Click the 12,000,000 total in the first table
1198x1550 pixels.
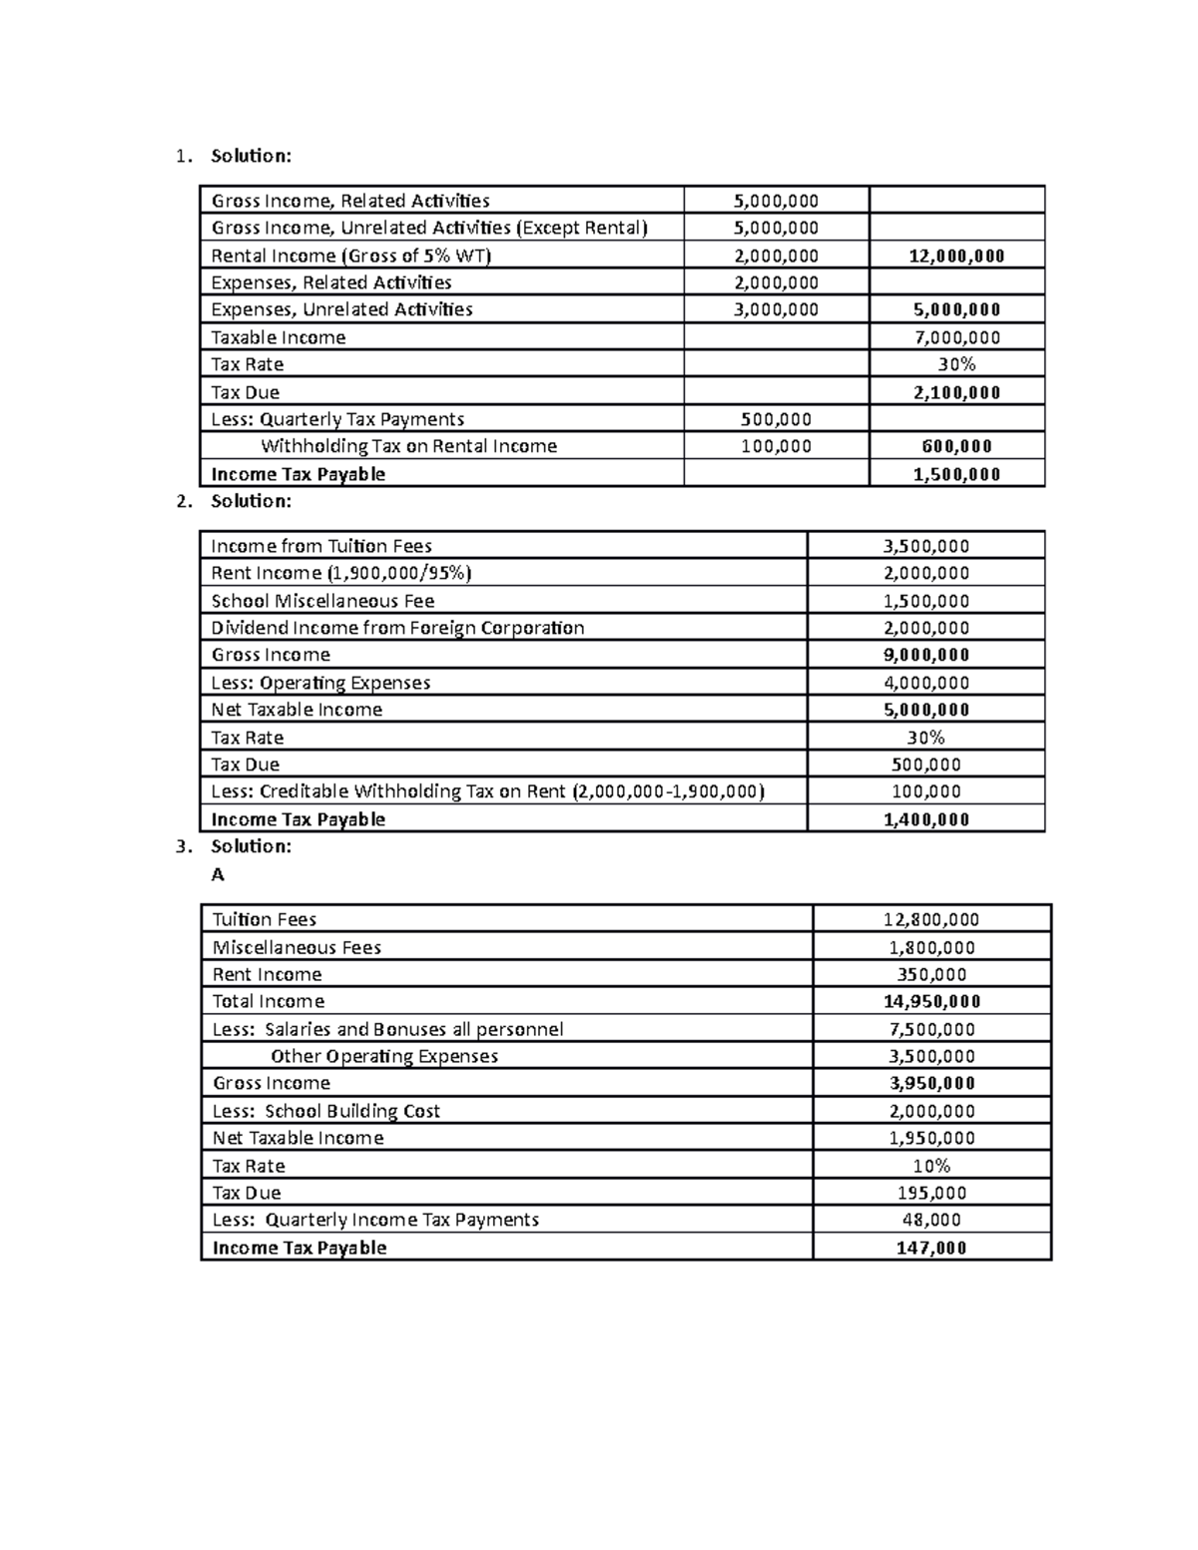point(956,256)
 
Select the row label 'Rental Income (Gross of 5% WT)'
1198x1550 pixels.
point(350,256)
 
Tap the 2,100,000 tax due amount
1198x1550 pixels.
point(956,392)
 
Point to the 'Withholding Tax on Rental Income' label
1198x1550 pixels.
point(408,446)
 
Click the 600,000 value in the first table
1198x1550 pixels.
point(956,446)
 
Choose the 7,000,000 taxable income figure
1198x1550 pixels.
point(956,337)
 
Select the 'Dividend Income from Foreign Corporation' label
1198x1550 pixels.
point(397,628)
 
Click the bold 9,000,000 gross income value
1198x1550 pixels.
point(925,655)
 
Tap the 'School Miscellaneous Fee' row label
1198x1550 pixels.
point(322,601)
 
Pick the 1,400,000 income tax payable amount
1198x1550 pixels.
point(925,819)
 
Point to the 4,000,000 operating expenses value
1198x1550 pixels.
point(925,683)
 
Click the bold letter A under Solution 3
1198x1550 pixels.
point(218,874)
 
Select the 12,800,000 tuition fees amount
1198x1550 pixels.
point(930,919)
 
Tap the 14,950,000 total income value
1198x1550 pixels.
point(930,1001)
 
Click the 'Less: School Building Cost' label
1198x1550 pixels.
point(325,1111)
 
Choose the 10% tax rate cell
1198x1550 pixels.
point(930,1166)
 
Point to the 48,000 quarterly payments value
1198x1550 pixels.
point(930,1220)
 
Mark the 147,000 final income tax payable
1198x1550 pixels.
point(930,1248)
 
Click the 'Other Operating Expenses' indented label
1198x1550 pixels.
point(383,1056)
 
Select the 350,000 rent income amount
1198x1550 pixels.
point(930,974)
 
